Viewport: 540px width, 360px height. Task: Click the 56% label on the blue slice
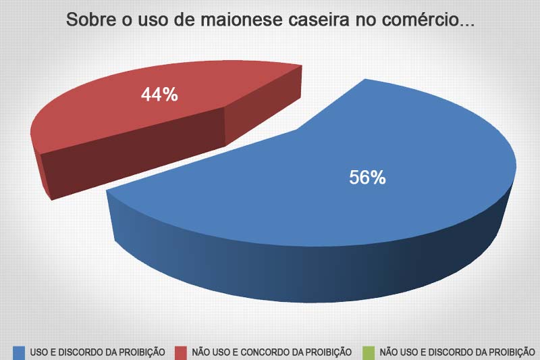point(367,178)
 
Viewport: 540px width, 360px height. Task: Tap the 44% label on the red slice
point(159,95)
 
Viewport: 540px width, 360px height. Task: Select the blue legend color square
point(20,351)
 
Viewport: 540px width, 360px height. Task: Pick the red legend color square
point(181,351)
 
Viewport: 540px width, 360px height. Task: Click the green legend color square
point(369,351)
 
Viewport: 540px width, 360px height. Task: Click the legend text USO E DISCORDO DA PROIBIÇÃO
point(98,351)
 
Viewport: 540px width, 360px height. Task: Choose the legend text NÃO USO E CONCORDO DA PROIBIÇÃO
point(272,351)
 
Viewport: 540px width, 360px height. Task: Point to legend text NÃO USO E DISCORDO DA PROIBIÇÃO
point(458,351)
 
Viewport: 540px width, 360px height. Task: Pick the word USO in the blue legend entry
point(39,351)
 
